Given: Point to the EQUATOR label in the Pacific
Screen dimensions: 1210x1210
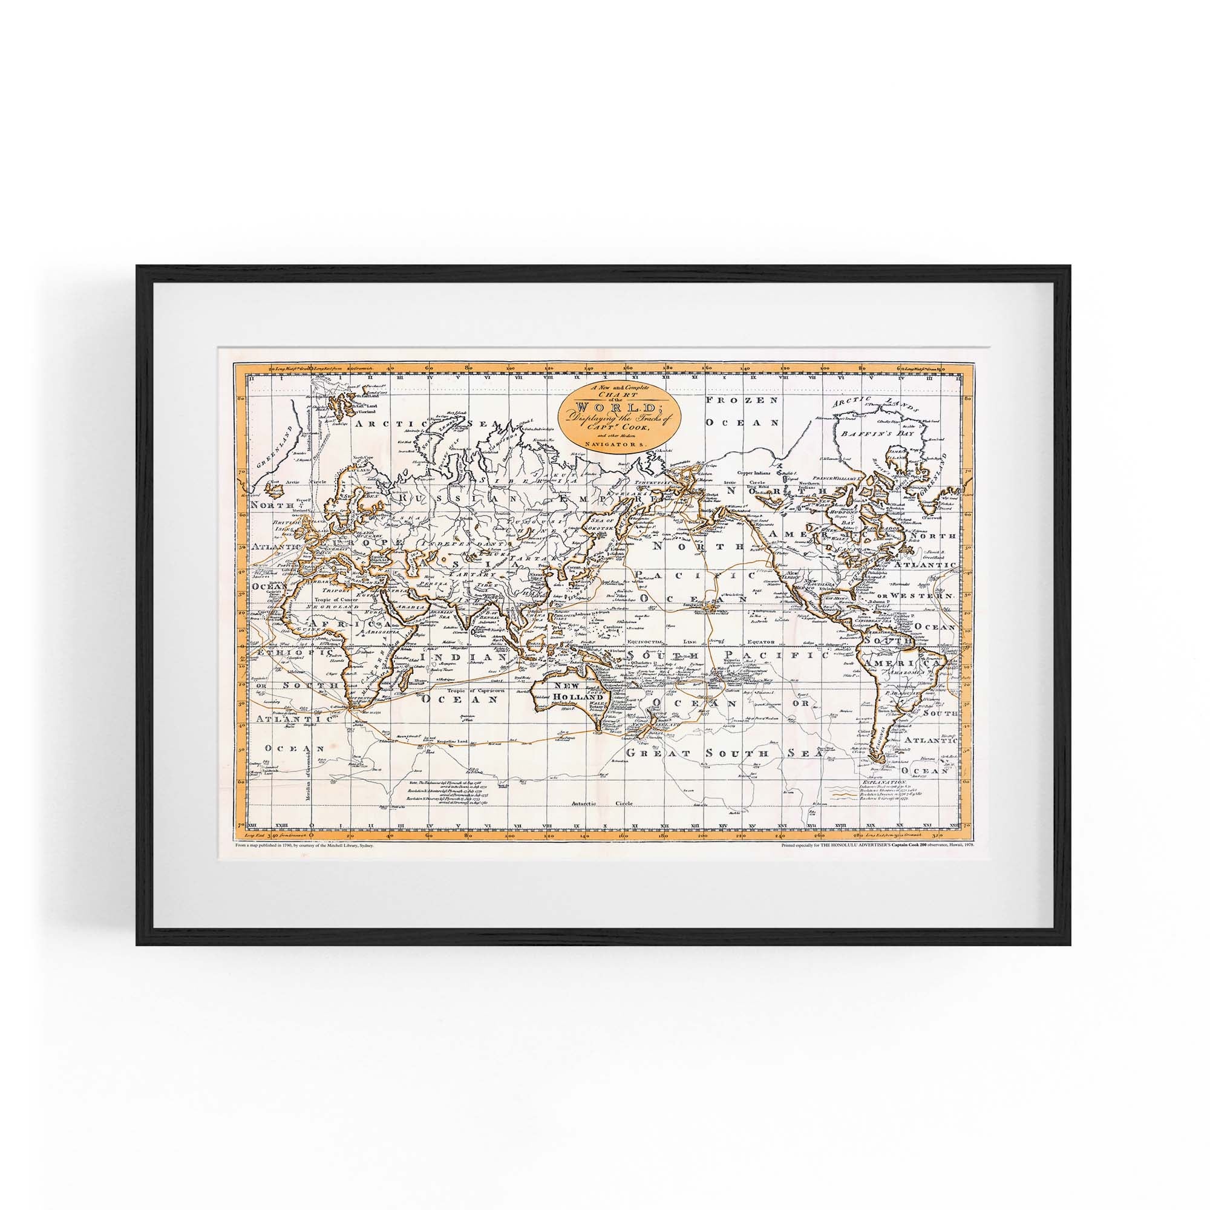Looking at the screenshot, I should (760, 641).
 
